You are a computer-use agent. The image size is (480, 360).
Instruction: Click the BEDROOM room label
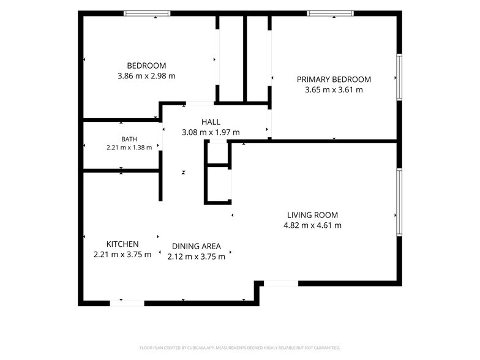[x=147, y=66]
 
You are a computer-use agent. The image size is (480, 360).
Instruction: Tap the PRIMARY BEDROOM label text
[x=334, y=80]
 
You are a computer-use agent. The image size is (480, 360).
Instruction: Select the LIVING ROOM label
[x=312, y=215]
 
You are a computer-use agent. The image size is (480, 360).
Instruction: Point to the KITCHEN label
[x=122, y=244]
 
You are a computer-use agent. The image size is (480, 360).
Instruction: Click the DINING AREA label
[x=196, y=246]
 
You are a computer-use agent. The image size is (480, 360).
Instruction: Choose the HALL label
[x=211, y=122]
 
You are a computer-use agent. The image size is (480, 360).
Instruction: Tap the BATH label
[x=129, y=140]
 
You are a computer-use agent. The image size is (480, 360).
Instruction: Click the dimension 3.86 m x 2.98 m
[x=147, y=76]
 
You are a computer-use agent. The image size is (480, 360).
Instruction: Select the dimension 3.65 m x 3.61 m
[x=334, y=89]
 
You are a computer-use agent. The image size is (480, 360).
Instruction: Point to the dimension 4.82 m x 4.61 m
[x=312, y=225]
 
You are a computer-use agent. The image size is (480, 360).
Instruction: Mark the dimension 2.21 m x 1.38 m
[x=129, y=148]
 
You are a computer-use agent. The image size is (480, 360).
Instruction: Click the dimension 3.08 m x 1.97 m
[x=211, y=132]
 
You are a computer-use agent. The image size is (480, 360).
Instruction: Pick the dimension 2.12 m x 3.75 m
[x=196, y=257]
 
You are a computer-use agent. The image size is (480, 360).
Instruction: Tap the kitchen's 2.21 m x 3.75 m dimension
[x=122, y=255]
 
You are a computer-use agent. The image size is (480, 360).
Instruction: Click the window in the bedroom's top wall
[x=147, y=13]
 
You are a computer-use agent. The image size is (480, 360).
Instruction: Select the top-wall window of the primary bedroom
[x=331, y=13]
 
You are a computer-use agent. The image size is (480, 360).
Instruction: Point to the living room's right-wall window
[x=399, y=202]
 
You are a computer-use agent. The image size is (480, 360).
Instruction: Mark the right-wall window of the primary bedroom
[x=399, y=77]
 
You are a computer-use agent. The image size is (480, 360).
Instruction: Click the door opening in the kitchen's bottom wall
[x=127, y=304]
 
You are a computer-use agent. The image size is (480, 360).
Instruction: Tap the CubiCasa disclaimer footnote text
[x=240, y=348]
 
